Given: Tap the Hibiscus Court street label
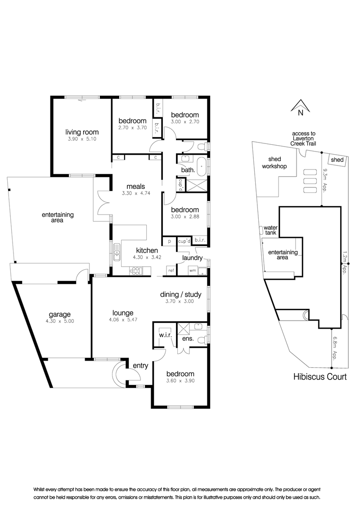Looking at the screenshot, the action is coord(320,377).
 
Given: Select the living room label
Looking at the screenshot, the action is coord(82,132).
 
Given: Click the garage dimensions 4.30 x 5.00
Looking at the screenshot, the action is coord(60,321).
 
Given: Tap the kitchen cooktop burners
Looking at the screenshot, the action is coord(136,271).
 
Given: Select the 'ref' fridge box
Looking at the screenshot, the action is coord(171,270).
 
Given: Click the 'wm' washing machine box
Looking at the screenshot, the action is coord(193,270).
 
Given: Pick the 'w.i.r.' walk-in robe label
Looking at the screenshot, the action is coord(166,335).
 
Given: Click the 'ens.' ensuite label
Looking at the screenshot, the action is coord(188,339).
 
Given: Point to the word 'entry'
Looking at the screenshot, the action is coord(140,366).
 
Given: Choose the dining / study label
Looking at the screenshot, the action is coord(180,295).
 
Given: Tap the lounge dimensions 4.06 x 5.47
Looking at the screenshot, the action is coord(123,320).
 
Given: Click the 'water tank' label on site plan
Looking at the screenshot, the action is coord(270,230).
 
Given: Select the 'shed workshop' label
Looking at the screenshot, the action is coord(274,163).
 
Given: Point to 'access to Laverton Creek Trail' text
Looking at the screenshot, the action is coord(303,138).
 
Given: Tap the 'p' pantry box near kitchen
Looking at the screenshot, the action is coord(169,241).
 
